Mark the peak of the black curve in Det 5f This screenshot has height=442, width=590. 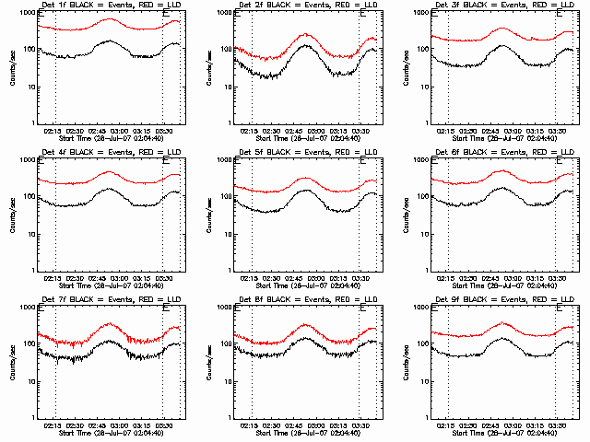pos(305,191)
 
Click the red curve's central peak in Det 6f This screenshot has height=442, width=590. pos(501,171)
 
